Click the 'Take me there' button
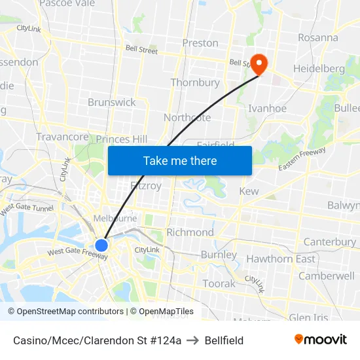[x=180, y=160]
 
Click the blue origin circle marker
[x=101, y=245]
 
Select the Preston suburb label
[x=200, y=43]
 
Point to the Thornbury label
[x=195, y=82]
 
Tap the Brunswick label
[x=112, y=102]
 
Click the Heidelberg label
[x=319, y=68]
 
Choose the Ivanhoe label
[x=267, y=108]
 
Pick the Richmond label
[x=190, y=232]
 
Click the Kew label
[x=249, y=191]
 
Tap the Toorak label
[x=219, y=283]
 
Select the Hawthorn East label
[x=280, y=259]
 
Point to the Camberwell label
[x=326, y=276]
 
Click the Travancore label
[x=62, y=137]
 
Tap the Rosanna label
[x=318, y=37]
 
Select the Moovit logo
[x=320, y=339]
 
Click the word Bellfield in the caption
[x=224, y=340]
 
